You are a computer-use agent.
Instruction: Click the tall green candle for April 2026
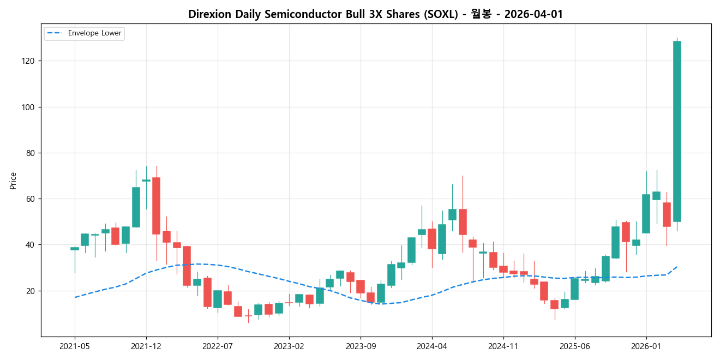pos(677,131)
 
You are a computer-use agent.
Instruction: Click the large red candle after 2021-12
pos(156,206)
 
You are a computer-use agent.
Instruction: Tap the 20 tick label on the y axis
pos(31,291)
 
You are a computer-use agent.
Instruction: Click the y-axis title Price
pos(13,181)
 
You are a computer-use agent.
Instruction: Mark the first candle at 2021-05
pos(75,249)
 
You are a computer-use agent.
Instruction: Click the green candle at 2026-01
pos(646,214)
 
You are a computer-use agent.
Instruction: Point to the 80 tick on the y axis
pos(31,153)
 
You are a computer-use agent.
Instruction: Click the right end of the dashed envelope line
pos(677,267)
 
